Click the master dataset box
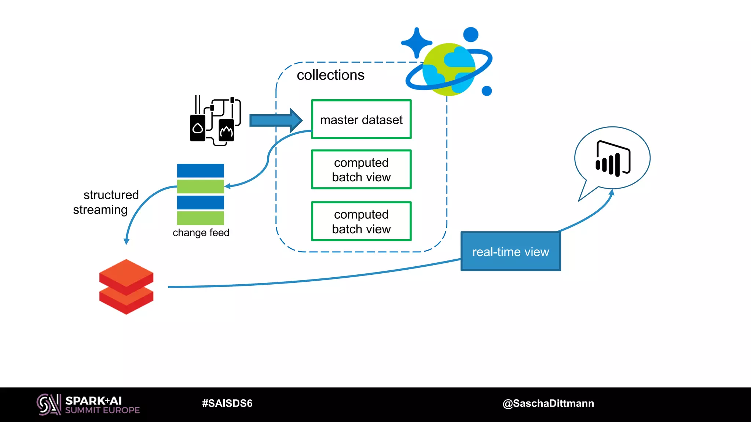click(361, 119)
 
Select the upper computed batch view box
click(361, 170)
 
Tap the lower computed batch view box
click(361, 221)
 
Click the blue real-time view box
click(510, 252)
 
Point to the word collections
click(330, 75)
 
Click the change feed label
click(201, 233)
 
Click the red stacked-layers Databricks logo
click(126, 286)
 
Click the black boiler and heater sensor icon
click(215, 121)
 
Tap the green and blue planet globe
click(448, 69)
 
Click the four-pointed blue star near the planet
click(416, 43)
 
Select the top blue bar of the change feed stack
click(200, 171)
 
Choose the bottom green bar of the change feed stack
click(200, 218)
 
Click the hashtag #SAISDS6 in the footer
click(227, 403)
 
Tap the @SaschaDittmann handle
click(548, 403)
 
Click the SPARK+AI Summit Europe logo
click(88, 404)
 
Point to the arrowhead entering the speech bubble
click(611, 193)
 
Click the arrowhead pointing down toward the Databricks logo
click(127, 241)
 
